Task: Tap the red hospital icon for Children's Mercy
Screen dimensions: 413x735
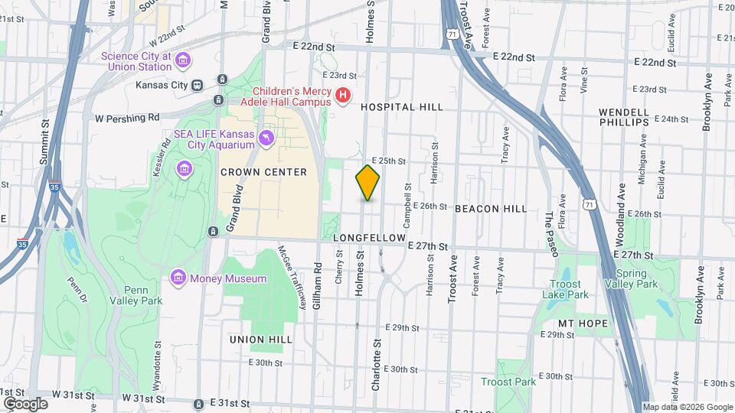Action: [x=344, y=96]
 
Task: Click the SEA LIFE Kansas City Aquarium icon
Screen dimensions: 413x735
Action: [x=266, y=138]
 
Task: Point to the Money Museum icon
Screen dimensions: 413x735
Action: [x=178, y=277]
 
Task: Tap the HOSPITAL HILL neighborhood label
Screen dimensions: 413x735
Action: [x=403, y=108]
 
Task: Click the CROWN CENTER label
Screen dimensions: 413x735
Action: [x=263, y=172]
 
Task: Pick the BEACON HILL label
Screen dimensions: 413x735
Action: [x=490, y=209]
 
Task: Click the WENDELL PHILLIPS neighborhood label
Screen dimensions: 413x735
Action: [x=624, y=117]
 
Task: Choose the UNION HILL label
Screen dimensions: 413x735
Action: [x=260, y=339]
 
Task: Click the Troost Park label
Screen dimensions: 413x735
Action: [x=508, y=382]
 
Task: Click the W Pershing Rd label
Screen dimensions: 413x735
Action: [x=127, y=118]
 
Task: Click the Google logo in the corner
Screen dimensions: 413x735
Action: [x=25, y=403]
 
